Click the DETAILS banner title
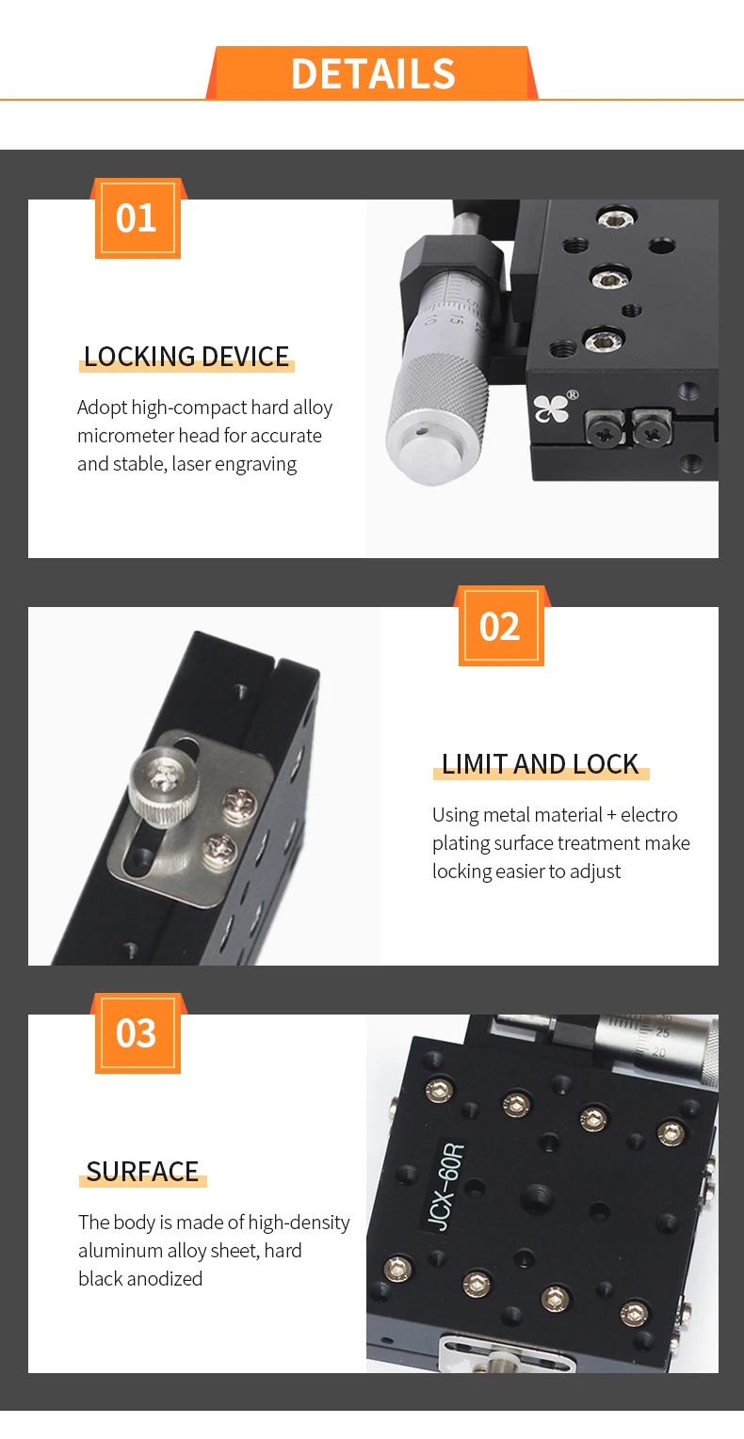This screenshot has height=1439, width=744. tap(373, 73)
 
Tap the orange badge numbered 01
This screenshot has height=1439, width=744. tap(137, 218)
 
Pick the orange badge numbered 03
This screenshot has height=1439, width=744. tap(137, 1033)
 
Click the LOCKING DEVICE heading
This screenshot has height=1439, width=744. tap(186, 357)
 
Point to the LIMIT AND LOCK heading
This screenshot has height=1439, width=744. tap(541, 764)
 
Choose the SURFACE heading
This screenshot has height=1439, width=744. tap(143, 1172)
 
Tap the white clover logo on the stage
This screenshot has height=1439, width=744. tap(551, 408)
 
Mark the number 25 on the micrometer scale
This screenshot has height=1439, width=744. tap(662, 1033)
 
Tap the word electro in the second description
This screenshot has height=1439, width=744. tap(649, 815)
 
